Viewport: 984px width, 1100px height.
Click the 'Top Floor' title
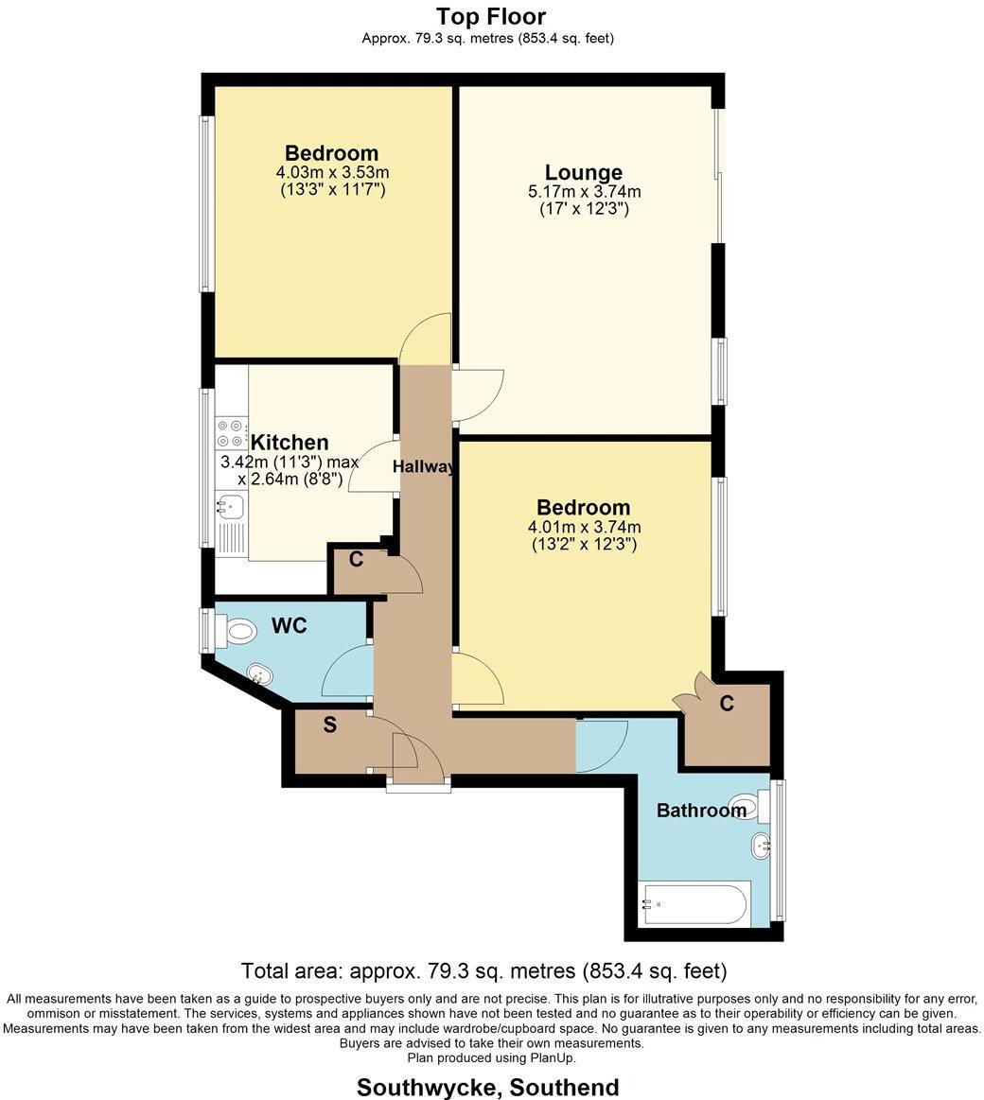coord(490,16)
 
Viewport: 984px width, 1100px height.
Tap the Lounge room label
coord(584,172)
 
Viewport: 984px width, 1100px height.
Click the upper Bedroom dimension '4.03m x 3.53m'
coord(332,172)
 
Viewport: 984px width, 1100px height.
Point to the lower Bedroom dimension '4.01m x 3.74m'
coord(585,528)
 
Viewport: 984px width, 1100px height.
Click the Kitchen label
coord(290,443)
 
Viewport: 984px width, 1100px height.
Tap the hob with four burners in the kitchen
coord(230,433)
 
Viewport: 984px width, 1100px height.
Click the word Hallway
coord(425,467)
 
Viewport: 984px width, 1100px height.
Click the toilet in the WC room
coord(237,629)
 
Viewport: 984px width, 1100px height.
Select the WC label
coord(290,626)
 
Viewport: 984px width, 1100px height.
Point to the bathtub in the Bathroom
coord(695,903)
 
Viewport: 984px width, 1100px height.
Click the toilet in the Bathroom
coord(749,807)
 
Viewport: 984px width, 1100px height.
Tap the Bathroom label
coord(701,811)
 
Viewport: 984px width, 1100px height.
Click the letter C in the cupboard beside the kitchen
coord(356,559)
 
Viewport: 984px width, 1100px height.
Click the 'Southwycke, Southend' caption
coord(488,1088)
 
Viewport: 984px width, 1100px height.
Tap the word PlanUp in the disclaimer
coord(553,1058)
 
